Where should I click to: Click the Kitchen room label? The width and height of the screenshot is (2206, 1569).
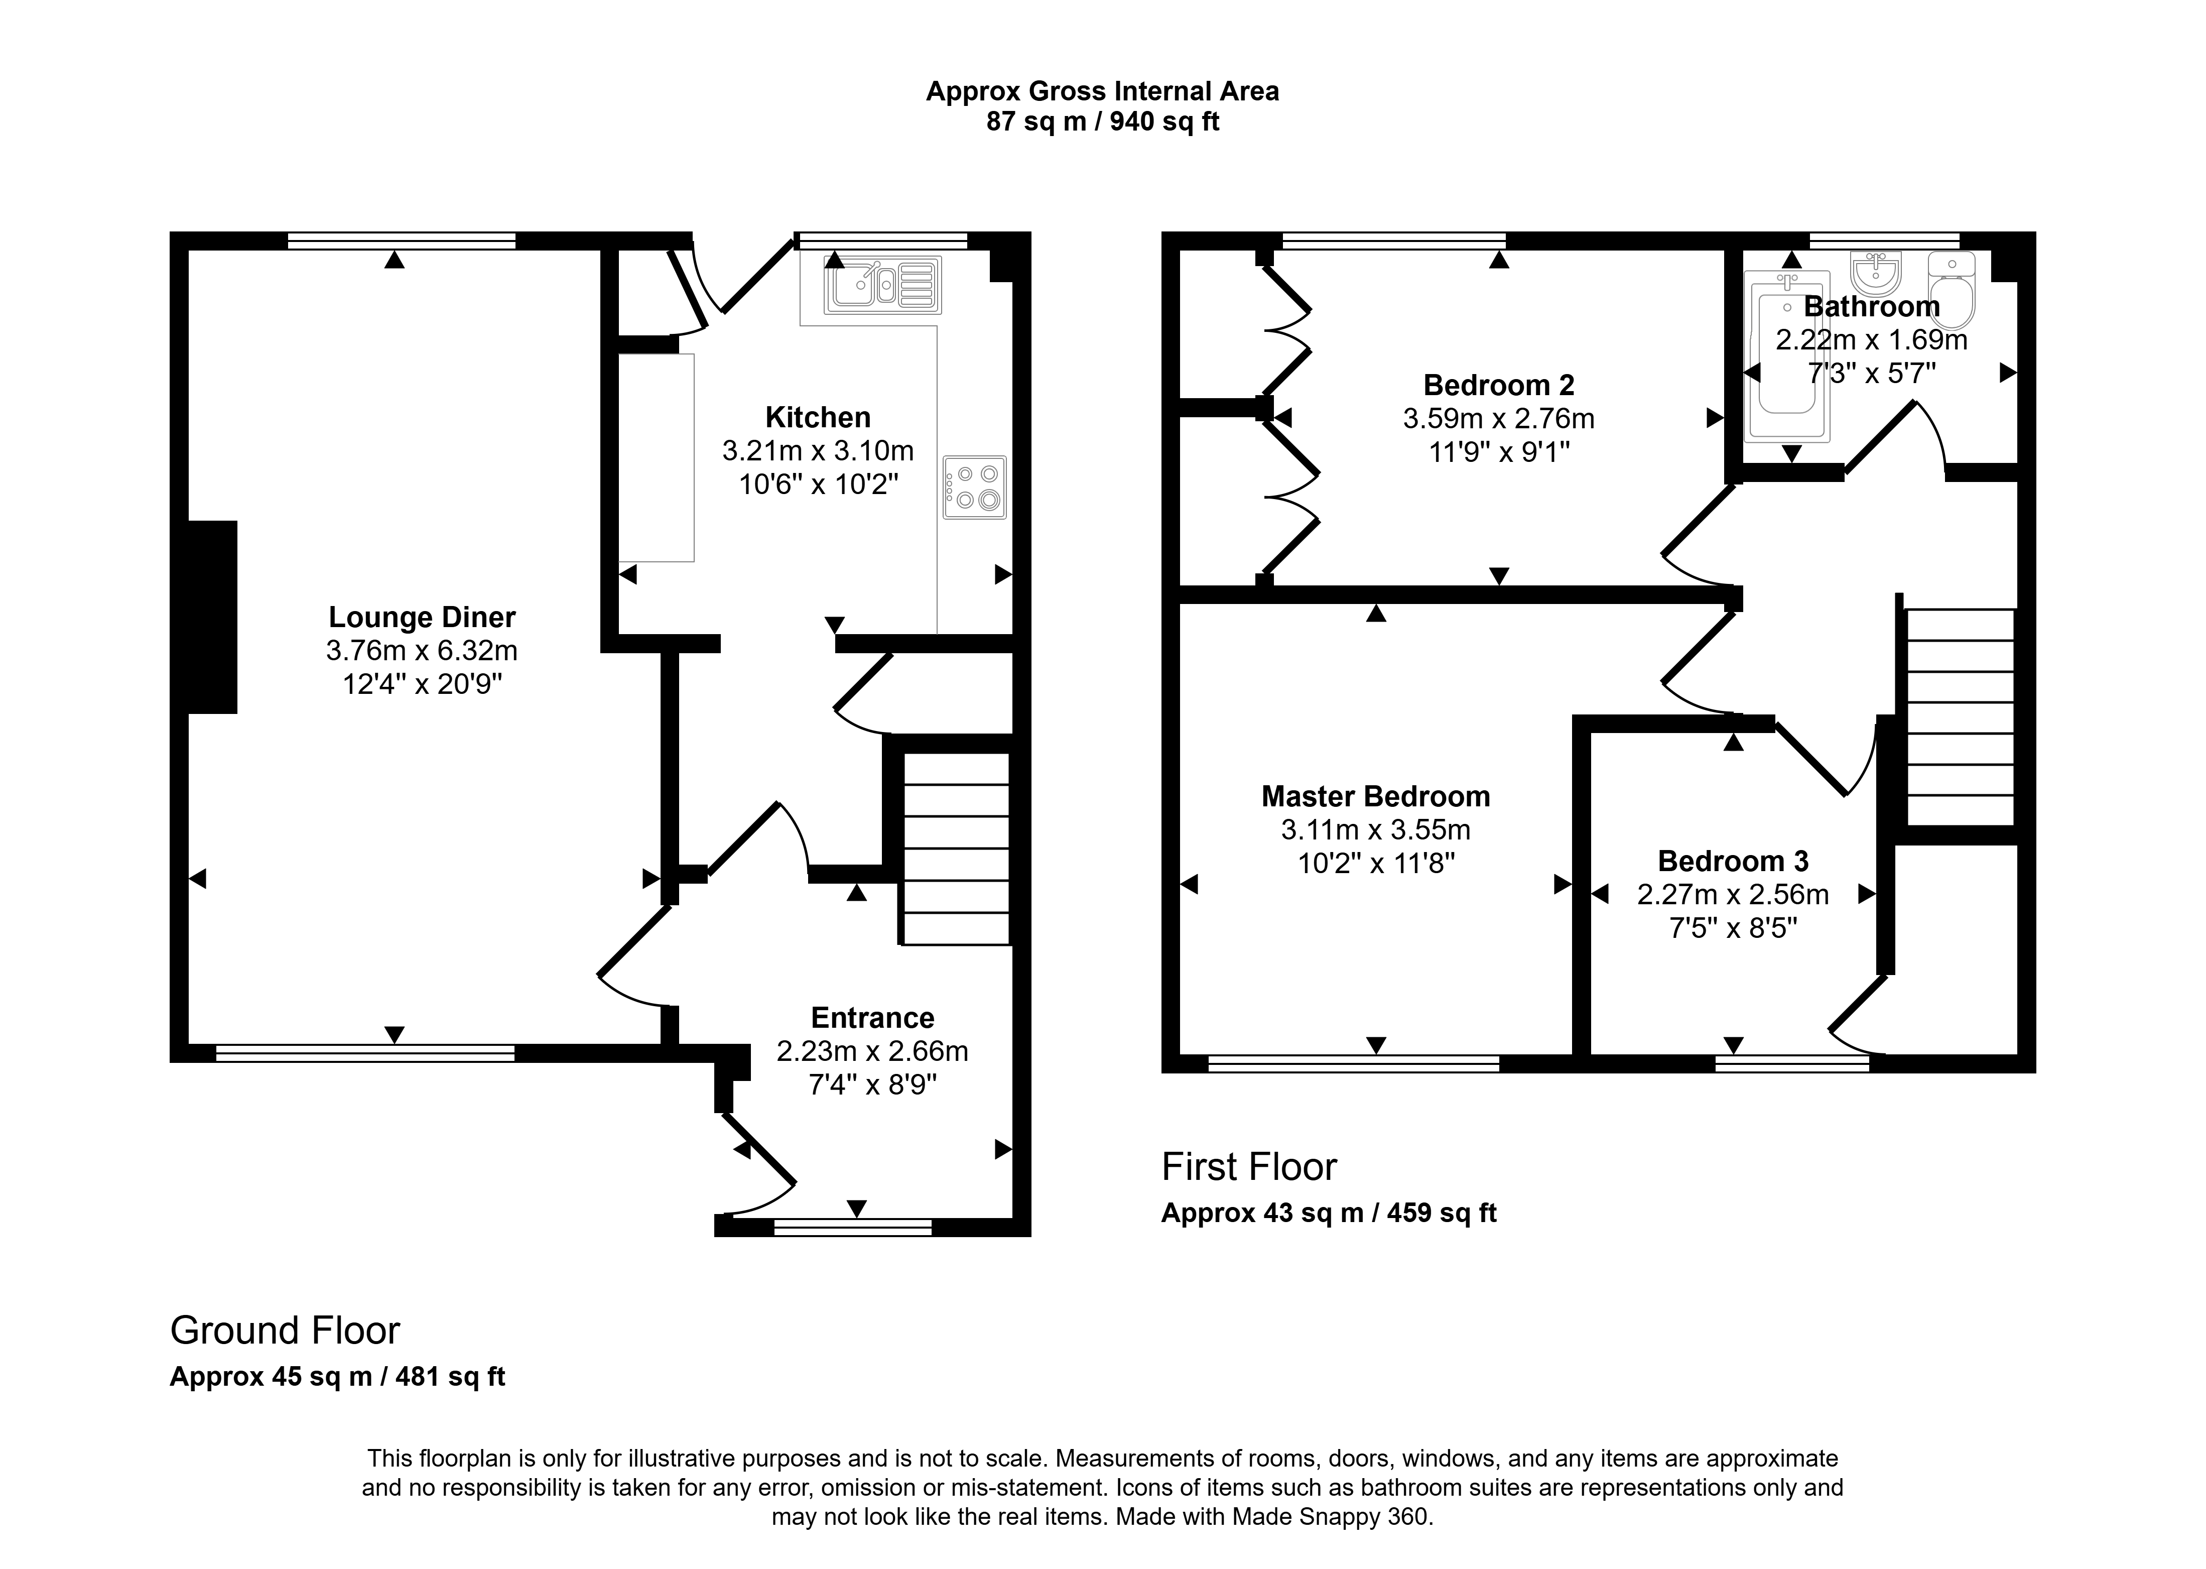tap(818, 417)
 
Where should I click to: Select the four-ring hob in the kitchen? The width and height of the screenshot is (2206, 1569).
tap(975, 487)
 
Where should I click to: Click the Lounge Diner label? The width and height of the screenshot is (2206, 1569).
tap(422, 618)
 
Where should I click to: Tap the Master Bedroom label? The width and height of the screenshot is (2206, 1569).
tap(1375, 797)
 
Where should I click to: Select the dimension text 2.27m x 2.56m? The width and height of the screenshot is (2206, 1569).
tap(1733, 895)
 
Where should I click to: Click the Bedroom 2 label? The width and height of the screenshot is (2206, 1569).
tap(1498, 386)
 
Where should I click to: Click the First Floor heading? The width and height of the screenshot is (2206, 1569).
tap(1249, 1167)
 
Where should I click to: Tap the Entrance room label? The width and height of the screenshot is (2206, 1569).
tap(872, 1018)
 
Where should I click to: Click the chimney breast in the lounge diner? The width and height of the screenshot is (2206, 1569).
tap(212, 618)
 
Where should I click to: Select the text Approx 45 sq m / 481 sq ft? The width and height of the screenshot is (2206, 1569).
tap(337, 1377)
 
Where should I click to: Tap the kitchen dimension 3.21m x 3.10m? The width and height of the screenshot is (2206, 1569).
tap(818, 451)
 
